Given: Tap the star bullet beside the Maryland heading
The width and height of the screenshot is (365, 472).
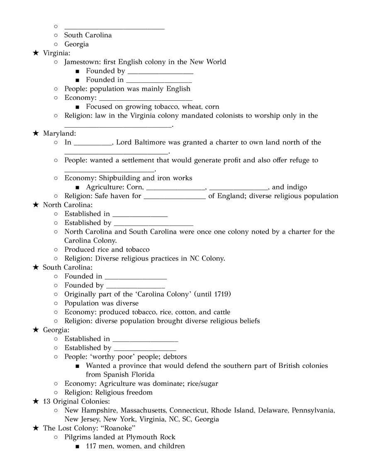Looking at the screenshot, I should (x=36, y=133).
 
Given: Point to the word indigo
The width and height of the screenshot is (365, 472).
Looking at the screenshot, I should (x=296, y=187).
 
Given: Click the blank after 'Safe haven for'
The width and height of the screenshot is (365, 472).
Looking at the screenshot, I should (x=175, y=197).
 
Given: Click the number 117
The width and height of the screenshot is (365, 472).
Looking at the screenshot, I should (x=91, y=446).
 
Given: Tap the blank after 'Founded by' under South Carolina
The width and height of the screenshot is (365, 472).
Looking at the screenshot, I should (x=136, y=286).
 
